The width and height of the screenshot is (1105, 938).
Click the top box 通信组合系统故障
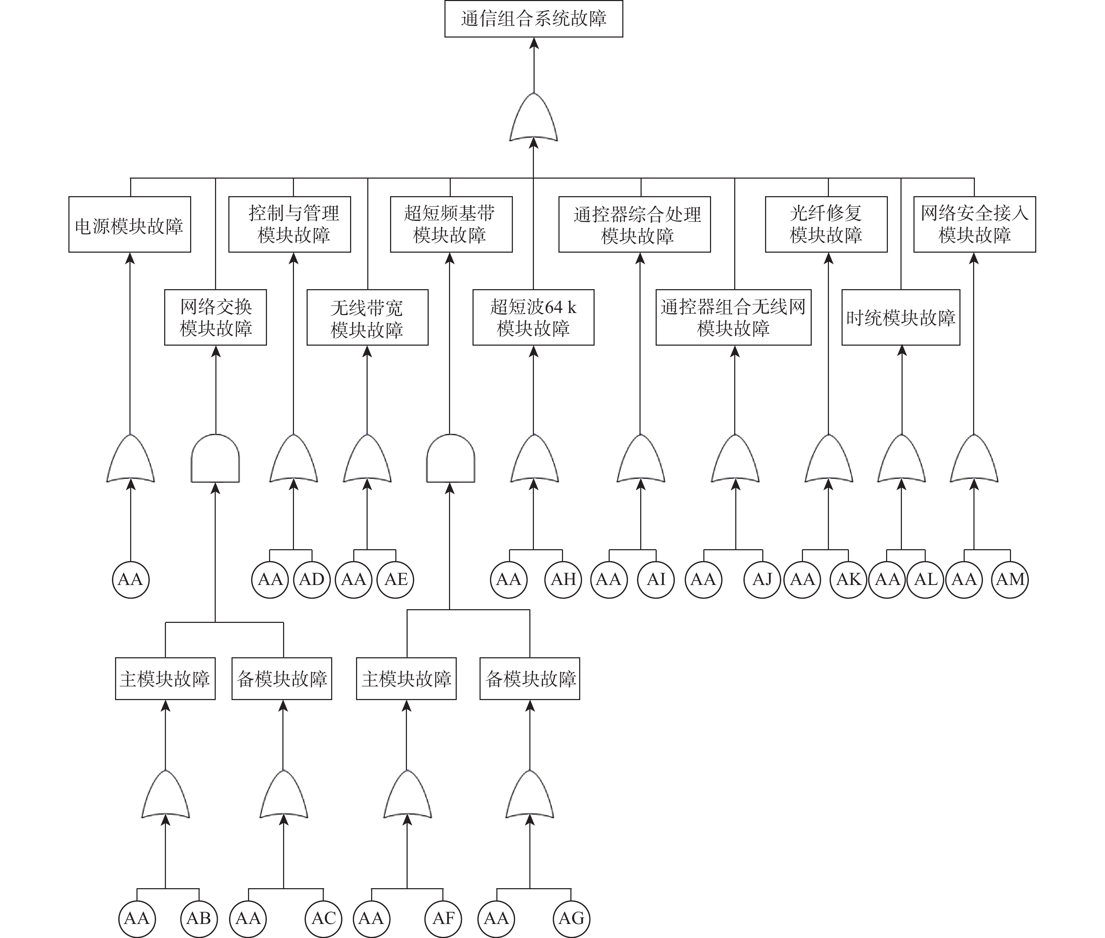(534, 19)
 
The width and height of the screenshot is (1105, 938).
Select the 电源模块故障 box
(130, 224)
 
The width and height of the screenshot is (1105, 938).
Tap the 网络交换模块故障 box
(215, 318)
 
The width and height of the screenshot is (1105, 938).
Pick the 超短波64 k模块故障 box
(533, 318)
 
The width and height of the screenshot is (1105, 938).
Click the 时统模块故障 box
(901, 318)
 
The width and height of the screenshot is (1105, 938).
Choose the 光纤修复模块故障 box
(826, 224)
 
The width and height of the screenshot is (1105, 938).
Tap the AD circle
(312, 580)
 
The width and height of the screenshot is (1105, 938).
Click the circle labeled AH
(563, 580)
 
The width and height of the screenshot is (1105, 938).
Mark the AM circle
(1010, 580)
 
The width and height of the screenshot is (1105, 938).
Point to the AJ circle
(762, 580)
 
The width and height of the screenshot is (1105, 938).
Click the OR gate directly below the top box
(534, 118)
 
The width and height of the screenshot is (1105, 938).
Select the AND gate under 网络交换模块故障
(215, 458)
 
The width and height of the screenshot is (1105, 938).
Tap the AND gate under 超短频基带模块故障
(450, 458)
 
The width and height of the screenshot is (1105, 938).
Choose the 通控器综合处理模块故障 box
(635, 224)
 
